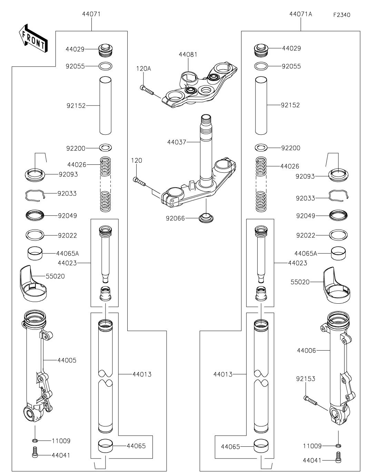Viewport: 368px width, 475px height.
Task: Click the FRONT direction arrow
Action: click(33, 38)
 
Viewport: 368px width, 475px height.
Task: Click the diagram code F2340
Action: click(341, 15)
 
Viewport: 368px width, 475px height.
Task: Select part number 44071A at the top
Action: click(301, 14)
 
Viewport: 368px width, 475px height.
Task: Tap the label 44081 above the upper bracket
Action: click(188, 54)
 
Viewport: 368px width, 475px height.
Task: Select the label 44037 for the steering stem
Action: click(177, 142)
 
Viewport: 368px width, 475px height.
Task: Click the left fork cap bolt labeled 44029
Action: click(106, 51)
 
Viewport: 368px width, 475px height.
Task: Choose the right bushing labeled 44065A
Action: click(338, 253)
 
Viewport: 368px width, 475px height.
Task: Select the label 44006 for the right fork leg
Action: click(306, 351)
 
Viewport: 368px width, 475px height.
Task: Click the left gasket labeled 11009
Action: click(35, 440)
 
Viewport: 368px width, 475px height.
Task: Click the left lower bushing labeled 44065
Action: click(106, 445)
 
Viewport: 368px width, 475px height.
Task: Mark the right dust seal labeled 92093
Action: click(338, 175)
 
